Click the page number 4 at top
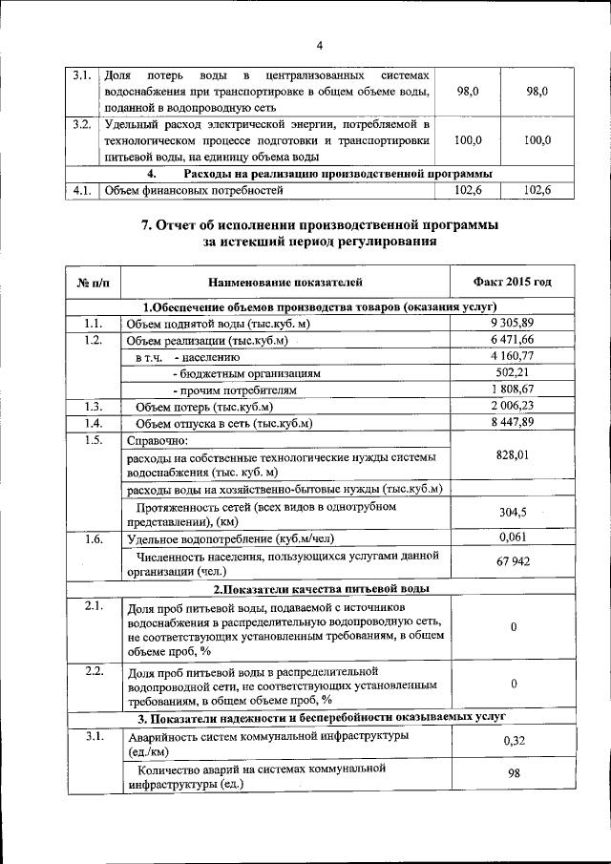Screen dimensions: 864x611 point(320,45)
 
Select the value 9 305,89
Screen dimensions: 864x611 point(513,323)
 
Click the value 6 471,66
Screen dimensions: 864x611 point(513,339)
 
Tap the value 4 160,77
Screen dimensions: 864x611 point(513,355)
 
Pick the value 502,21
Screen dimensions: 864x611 point(513,372)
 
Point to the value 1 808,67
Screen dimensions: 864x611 point(513,389)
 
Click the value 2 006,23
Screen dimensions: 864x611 point(513,406)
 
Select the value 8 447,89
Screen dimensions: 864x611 point(513,422)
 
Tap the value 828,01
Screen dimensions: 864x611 point(513,455)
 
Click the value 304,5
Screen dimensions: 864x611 point(513,512)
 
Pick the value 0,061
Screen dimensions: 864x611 point(513,537)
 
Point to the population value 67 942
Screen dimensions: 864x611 point(513,562)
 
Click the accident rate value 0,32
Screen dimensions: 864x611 point(513,741)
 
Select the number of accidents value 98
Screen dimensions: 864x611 point(513,774)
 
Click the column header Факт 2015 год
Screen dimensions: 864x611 point(513,283)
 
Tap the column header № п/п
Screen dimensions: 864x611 point(93,283)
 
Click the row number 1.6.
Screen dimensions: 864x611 point(93,538)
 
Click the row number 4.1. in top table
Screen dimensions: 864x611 point(82,191)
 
